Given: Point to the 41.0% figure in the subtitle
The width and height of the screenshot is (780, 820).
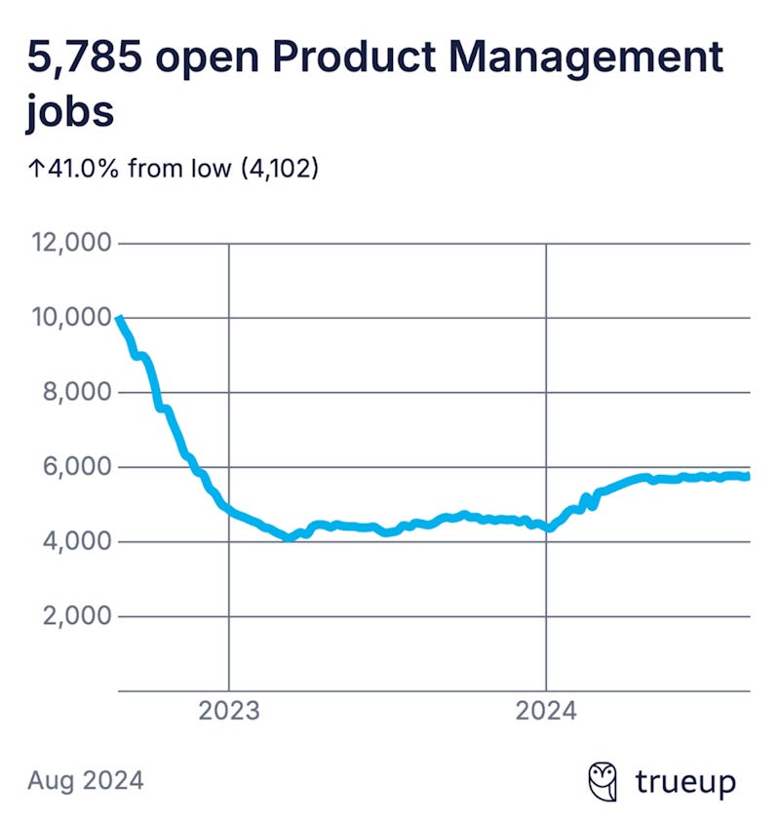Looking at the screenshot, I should tap(85, 169).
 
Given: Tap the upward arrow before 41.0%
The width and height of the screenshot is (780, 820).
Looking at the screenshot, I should tap(35, 169).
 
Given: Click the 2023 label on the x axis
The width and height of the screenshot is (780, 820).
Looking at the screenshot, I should tap(229, 710).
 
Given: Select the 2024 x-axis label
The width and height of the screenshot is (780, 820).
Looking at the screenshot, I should tap(546, 710).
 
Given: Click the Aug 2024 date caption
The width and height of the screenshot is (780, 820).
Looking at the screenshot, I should tap(86, 780).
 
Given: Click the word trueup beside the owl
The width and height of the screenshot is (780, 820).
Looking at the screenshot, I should tap(685, 782).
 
